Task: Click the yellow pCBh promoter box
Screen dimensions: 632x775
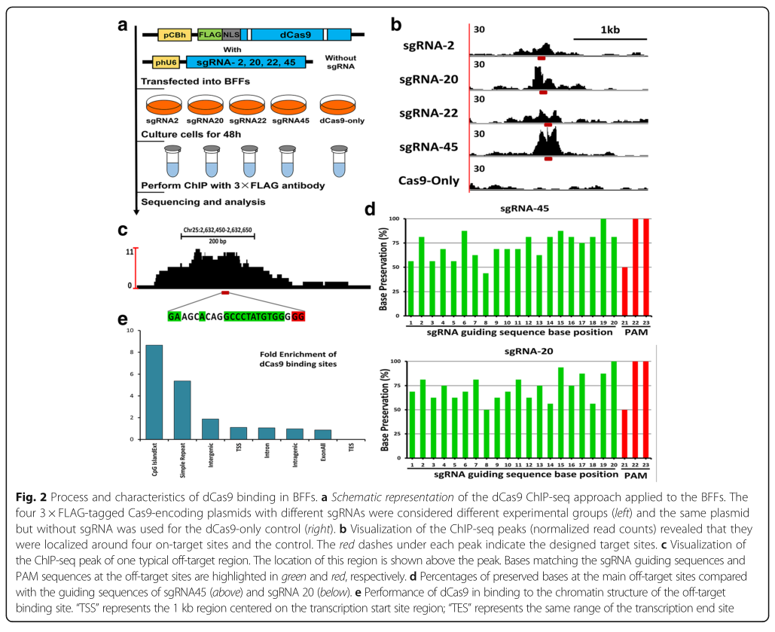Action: (x=172, y=35)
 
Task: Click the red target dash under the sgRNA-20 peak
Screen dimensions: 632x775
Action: (x=543, y=92)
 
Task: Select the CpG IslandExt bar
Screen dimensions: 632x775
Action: (x=154, y=392)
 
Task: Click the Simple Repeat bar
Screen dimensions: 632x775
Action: (x=182, y=410)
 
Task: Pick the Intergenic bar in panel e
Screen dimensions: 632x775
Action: (x=210, y=429)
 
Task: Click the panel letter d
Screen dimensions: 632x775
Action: (x=391, y=209)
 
